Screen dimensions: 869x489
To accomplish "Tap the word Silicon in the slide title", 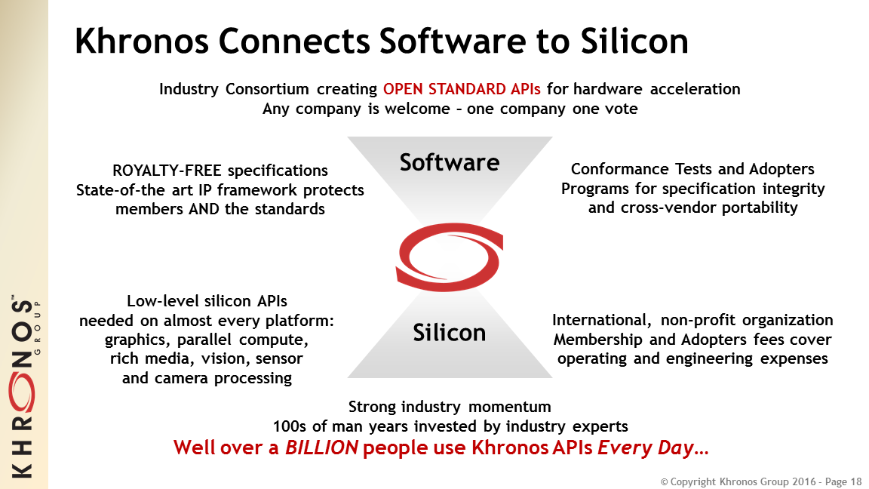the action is click(634, 41).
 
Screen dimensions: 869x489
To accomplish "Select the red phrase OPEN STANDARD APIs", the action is click(462, 89).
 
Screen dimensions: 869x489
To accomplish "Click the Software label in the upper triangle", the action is click(450, 162).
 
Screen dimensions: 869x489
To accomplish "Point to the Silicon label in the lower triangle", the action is click(450, 333).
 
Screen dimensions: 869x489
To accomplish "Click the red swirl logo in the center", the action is click(450, 257).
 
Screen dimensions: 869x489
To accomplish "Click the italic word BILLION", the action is click(321, 447).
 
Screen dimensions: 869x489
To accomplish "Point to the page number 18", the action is click(856, 481).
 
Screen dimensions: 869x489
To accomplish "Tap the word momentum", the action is click(509, 407).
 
